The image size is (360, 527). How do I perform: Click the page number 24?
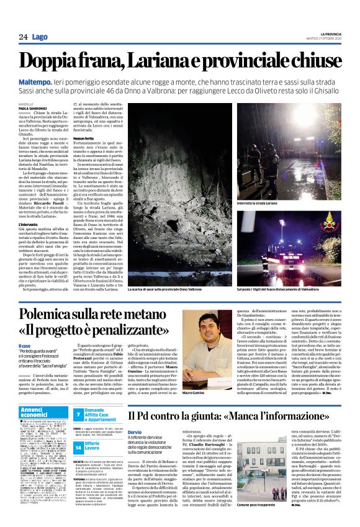point(23,37)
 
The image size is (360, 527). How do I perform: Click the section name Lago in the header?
point(40,37)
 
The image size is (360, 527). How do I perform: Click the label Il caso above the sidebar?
point(26,345)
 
